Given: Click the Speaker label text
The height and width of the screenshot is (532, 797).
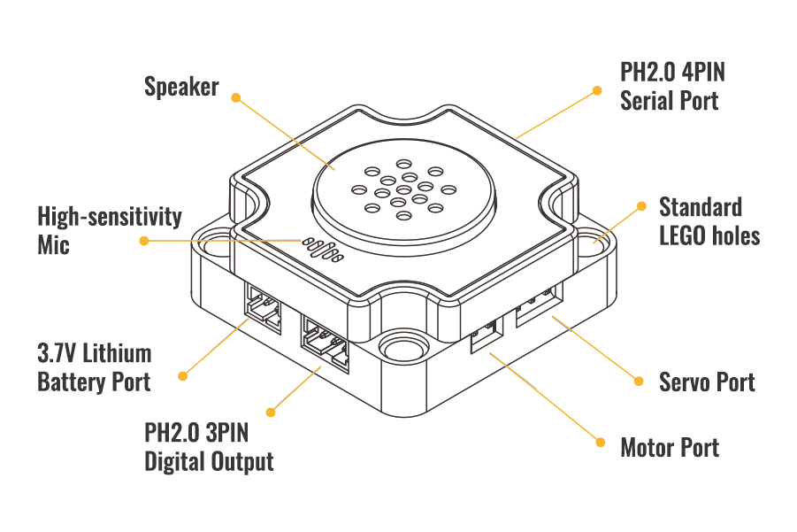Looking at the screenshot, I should coord(181,87).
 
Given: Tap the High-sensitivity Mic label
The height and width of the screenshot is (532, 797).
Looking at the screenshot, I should coord(110,229).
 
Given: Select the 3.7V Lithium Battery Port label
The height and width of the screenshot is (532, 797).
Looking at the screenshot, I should coord(95,367).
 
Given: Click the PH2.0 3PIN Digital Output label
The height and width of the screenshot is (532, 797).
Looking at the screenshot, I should coord(209,448).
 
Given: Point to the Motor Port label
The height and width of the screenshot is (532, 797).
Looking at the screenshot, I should coord(670,447).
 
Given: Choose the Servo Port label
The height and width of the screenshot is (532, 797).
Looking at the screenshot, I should coord(707,382).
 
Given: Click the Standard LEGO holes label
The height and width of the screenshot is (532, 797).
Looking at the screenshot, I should coord(709,221).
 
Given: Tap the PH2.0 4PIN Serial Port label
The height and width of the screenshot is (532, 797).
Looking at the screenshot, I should coord(673,86).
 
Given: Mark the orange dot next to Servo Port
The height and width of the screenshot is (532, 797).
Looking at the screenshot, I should coord(637,381).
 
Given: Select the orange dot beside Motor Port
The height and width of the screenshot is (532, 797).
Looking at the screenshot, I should coord(600,440).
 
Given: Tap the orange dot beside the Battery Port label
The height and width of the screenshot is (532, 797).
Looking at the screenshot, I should coord(183,375).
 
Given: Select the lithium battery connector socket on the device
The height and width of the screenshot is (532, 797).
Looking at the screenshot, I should coord(264,306).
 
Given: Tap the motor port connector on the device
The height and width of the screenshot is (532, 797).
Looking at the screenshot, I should coord(487,335).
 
